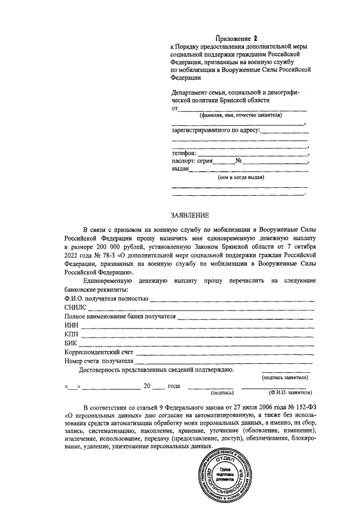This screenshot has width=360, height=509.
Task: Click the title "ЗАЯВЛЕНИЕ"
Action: pyautogui.click(x=190, y=215)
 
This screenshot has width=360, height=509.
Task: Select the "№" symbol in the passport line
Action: pyautogui.click(x=238, y=160)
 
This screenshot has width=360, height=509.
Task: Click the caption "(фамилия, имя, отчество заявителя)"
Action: pyautogui.click(x=240, y=115)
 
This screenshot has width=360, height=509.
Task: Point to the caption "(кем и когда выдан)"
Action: pyautogui.click(x=241, y=177)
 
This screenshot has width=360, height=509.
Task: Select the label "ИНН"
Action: pyautogui.click(x=71, y=325)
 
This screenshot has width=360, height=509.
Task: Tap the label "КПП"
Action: pyautogui.click(x=71, y=334)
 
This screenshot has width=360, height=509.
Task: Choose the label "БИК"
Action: pyautogui.click(x=71, y=343)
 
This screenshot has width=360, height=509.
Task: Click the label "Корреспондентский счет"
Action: pyautogui.click(x=98, y=352)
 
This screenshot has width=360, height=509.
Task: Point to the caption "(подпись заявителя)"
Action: pyautogui.click(x=286, y=377)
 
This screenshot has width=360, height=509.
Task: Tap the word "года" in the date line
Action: pyautogui.click(x=174, y=386)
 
